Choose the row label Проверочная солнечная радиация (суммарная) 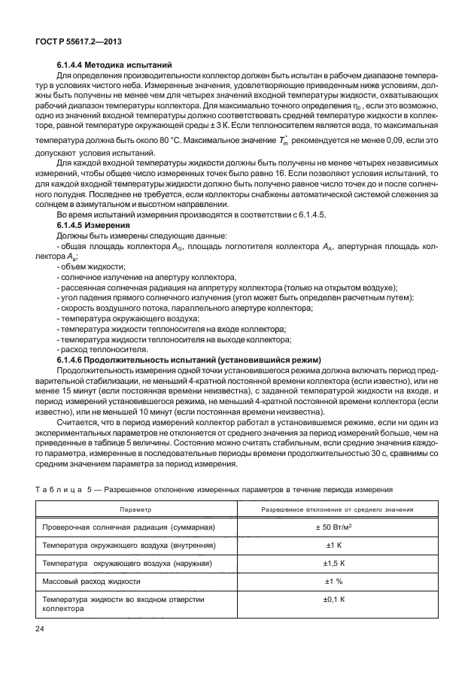tap(129, 527)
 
